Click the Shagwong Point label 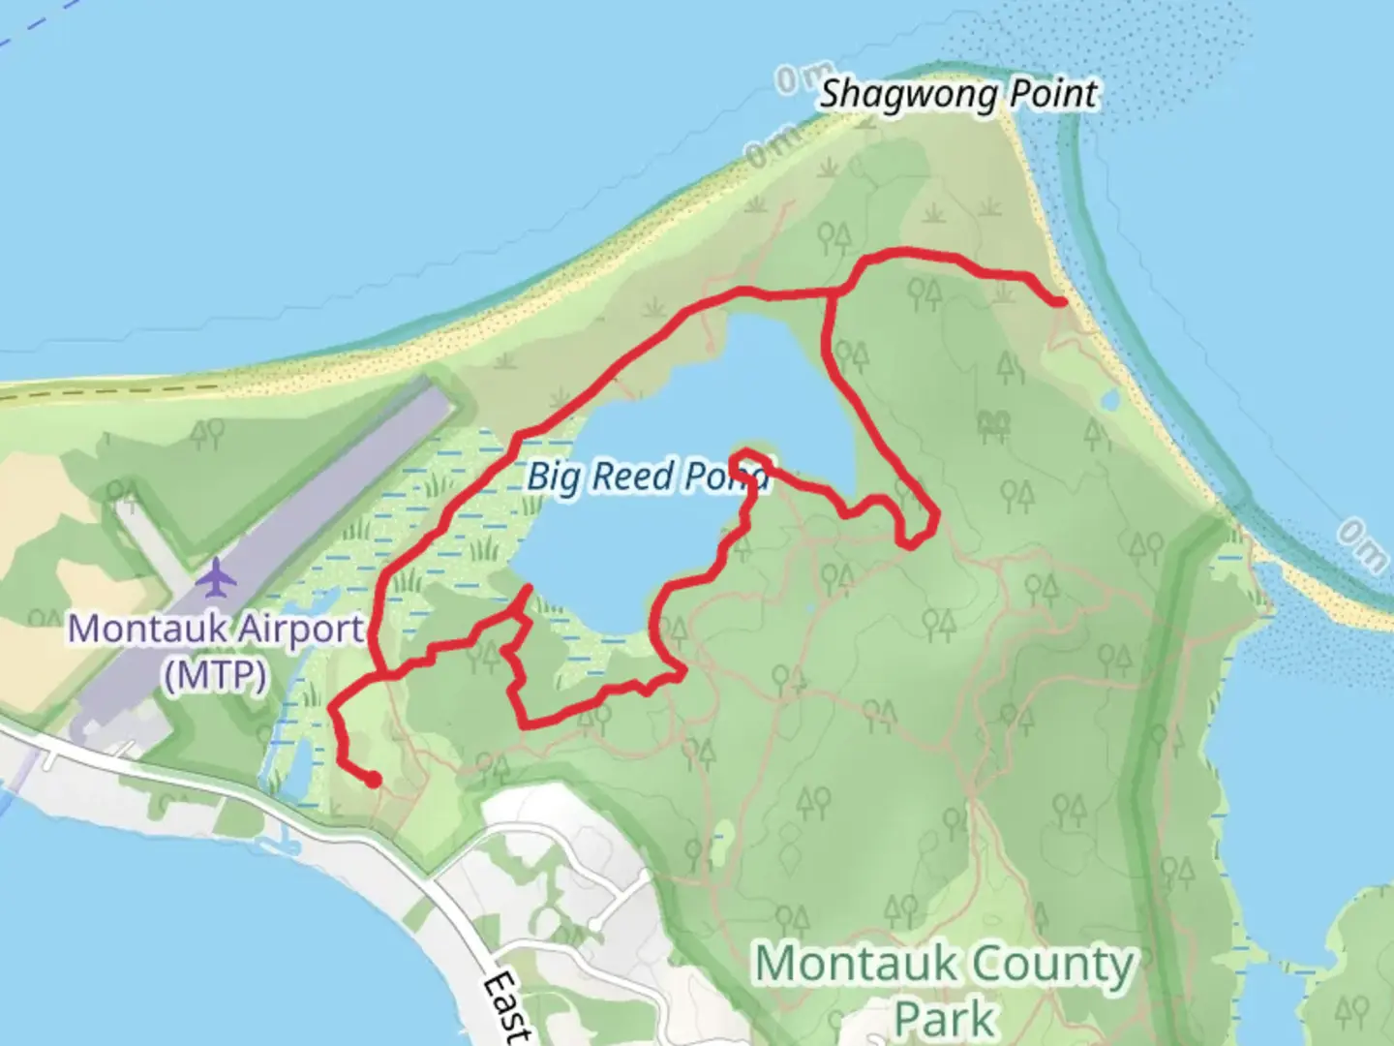tap(958, 95)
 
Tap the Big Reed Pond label tap(648, 477)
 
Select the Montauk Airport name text tap(216, 630)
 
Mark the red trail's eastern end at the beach tap(1061, 302)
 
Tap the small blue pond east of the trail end tap(1109, 399)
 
